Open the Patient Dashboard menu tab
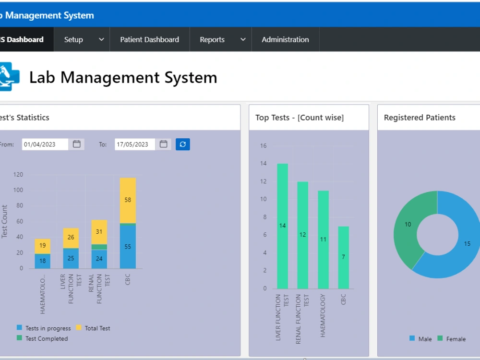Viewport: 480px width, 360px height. pyautogui.click(x=149, y=39)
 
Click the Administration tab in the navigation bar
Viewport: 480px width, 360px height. pyautogui.click(x=285, y=39)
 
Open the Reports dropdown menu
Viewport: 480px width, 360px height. pyautogui.click(x=221, y=39)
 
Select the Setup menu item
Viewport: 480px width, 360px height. pyautogui.click(x=82, y=39)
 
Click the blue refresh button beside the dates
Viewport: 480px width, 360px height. pyautogui.click(x=182, y=144)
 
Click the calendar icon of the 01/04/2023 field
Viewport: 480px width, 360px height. pyautogui.click(x=77, y=144)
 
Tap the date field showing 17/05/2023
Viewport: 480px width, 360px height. pyautogui.click(x=135, y=144)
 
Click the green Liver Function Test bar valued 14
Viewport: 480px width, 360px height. pyautogui.click(x=282, y=226)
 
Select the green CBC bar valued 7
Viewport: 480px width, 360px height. pyautogui.click(x=343, y=257)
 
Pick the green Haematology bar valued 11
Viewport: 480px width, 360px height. pyautogui.click(x=323, y=240)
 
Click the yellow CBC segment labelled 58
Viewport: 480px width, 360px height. pyautogui.click(x=128, y=200)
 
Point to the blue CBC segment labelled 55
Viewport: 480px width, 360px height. pyautogui.click(x=128, y=247)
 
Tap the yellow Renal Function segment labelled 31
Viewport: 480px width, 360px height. pyautogui.click(x=99, y=232)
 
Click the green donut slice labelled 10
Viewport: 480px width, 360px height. pyautogui.click(x=408, y=226)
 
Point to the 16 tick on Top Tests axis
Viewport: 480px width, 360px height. pyautogui.click(x=264, y=146)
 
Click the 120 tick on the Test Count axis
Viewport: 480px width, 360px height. pyautogui.click(x=18, y=175)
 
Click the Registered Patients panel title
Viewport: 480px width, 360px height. pyautogui.click(x=420, y=118)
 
